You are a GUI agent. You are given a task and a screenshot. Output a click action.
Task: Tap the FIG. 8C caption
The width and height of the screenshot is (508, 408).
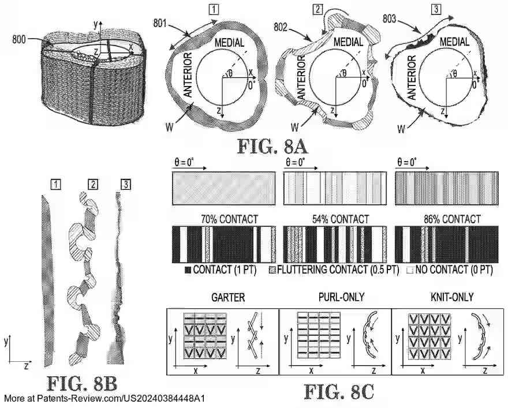339,392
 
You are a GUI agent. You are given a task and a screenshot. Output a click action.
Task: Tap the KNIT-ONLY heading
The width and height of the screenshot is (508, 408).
447,298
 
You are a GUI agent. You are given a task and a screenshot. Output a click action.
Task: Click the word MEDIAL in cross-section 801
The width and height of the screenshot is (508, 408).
232,42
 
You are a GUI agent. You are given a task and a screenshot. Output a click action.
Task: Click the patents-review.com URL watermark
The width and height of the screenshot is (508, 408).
104,399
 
